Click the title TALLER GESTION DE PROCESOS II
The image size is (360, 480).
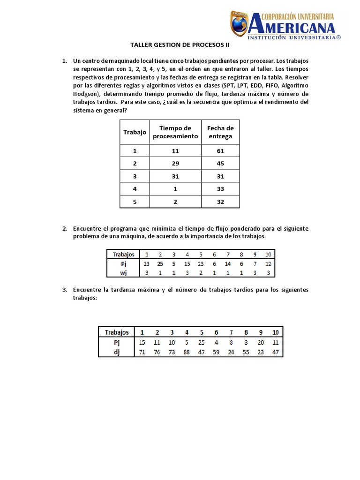(180, 46)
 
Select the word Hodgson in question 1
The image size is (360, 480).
(87, 94)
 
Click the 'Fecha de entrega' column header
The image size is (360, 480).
(220, 132)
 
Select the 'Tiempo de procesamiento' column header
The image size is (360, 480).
(175, 132)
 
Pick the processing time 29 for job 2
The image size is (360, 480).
(175, 164)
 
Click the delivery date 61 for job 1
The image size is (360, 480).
(220, 151)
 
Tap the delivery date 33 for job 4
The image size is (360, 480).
(220, 189)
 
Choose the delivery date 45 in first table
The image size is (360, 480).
(220, 164)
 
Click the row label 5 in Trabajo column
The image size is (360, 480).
(135, 202)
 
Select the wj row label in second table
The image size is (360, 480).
(123, 273)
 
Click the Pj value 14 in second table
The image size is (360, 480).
(228, 264)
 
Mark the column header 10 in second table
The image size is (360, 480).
(268, 255)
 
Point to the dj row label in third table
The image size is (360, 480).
(117, 352)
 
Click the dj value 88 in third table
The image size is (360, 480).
(187, 352)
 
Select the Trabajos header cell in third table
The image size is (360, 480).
(117, 332)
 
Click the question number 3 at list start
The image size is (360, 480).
(65, 290)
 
